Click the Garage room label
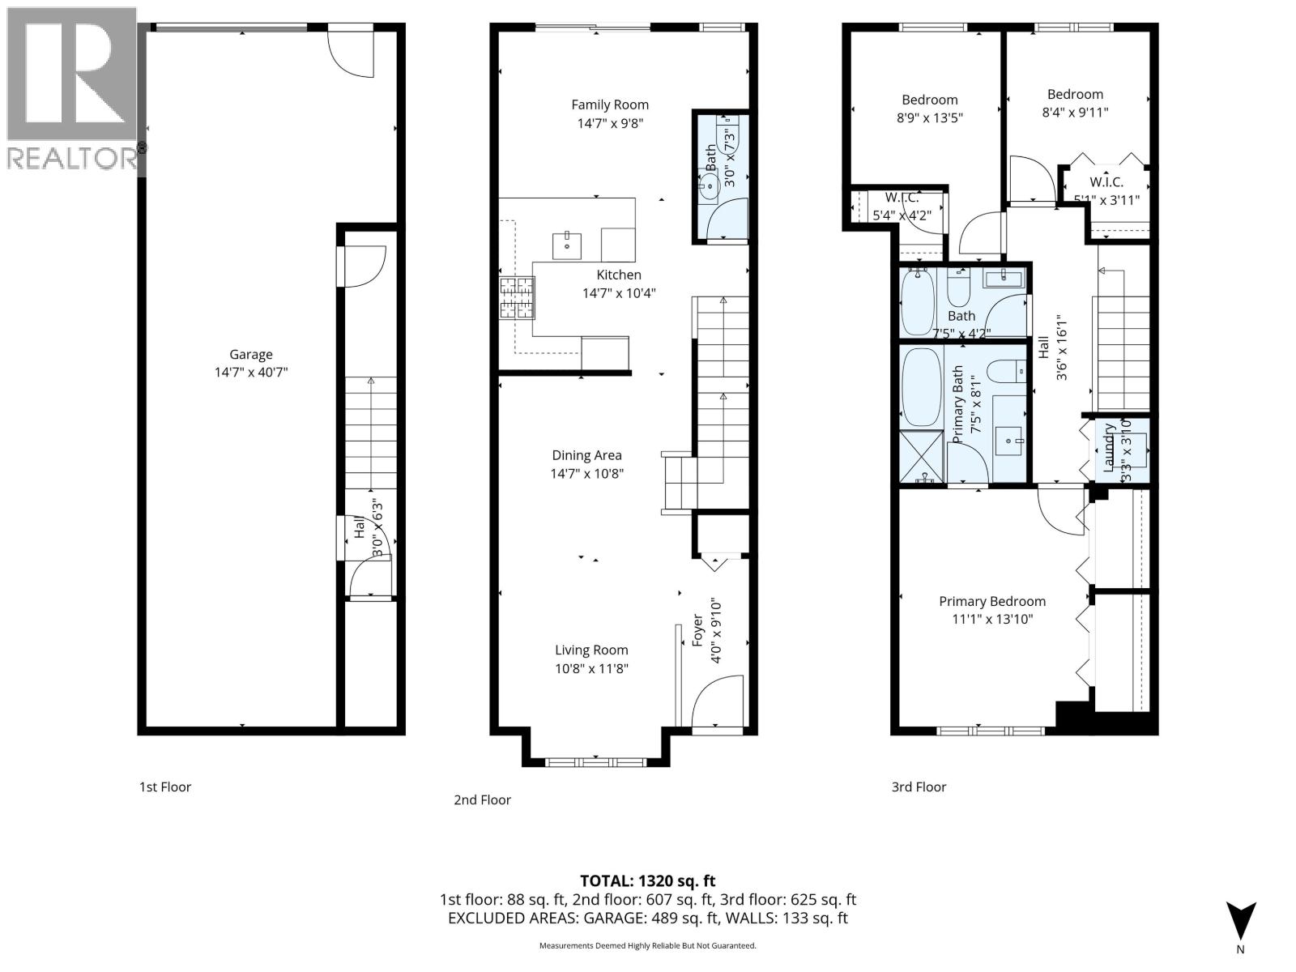[x=250, y=354]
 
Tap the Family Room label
[x=610, y=104]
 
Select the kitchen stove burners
[x=517, y=296]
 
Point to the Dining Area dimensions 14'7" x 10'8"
[x=586, y=474]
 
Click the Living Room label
[x=591, y=650]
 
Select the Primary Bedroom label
[x=991, y=601]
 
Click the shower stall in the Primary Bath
[x=922, y=458]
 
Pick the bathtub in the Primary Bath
[x=922, y=387]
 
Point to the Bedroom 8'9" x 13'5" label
[x=929, y=100]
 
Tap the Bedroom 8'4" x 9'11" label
[x=1075, y=94]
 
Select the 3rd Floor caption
[x=919, y=787]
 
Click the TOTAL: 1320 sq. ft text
[x=647, y=880]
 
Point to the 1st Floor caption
[x=165, y=787]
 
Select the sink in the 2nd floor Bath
[x=710, y=187]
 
